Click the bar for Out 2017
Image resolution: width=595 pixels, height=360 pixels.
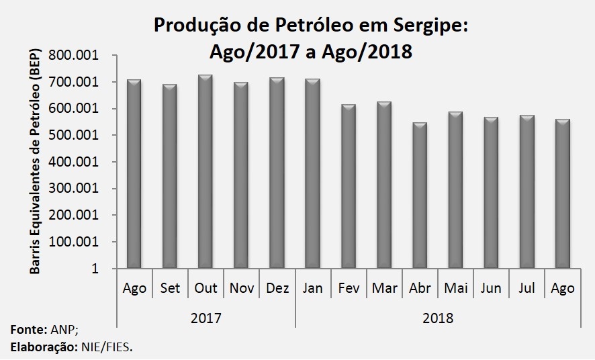click(x=205, y=171)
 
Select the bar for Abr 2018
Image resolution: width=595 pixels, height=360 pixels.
click(x=420, y=195)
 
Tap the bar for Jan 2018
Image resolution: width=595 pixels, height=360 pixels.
click(x=313, y=173)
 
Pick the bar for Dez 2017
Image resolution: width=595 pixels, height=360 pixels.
click(x=277, y=173)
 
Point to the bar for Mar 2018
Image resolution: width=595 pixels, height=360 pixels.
click(x=384, y=185)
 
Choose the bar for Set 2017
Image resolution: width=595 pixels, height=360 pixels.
click(x=170, y=176)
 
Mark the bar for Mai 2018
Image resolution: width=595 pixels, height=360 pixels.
click(x=455, y=190)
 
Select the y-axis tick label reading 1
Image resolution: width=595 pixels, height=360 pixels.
click(x=95, y=269)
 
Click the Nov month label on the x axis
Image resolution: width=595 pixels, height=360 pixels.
click(x=242, y=288)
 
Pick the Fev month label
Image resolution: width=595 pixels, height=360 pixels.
click(x=349, y=288)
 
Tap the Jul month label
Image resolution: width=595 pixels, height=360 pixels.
click(x=527, y=288)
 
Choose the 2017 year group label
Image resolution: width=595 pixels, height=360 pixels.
click(x=205, y=318)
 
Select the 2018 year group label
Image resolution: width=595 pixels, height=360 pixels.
click(x=438, y=318)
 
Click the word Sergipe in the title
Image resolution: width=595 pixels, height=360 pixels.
click(x=430, y=26)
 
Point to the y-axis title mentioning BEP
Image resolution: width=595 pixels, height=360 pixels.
click(x=34, y=161)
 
